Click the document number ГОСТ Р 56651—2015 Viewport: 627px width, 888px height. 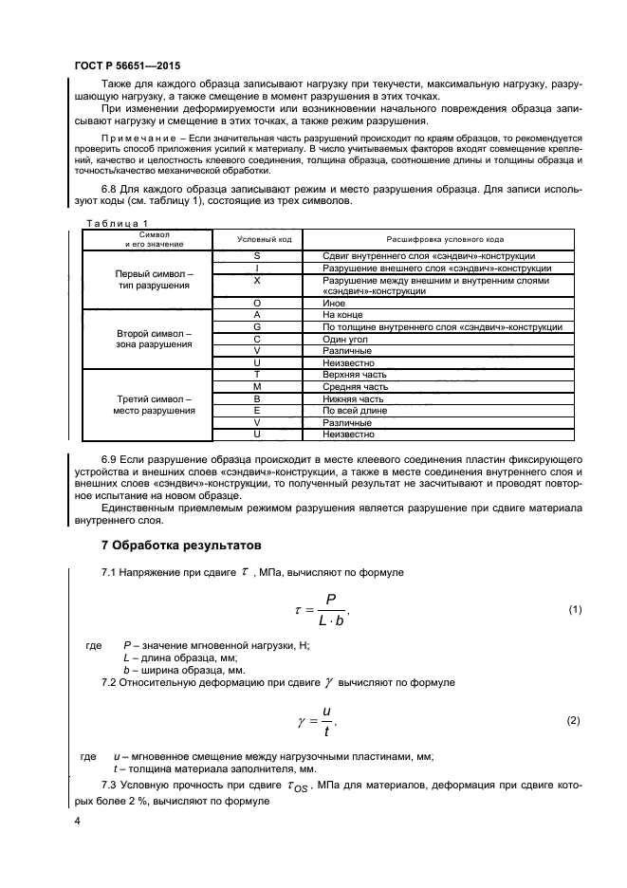(x=127, y=66)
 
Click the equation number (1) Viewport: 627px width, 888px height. (x=574, y=609)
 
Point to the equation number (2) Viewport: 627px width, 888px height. (x=574, y=720)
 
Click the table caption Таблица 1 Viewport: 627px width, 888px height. (x=105, y=222)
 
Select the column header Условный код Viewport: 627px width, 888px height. (x=257, y=238)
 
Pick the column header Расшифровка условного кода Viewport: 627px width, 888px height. (x=443, y=238)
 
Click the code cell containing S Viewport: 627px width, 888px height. (x=257, y=256)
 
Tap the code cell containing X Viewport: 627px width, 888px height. (x=257, y=281)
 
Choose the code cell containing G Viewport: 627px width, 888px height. (x=257, y=326)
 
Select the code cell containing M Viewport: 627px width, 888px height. (x=257, y=387)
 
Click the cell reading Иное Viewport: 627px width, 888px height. (x=335, y=303)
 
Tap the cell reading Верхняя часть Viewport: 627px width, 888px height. (x=355, y=375)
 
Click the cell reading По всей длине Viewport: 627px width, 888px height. (x=356, y=411)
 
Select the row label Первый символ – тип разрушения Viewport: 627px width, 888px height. (x=154, y=278)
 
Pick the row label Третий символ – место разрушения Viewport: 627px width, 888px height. (x=154, y=405)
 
